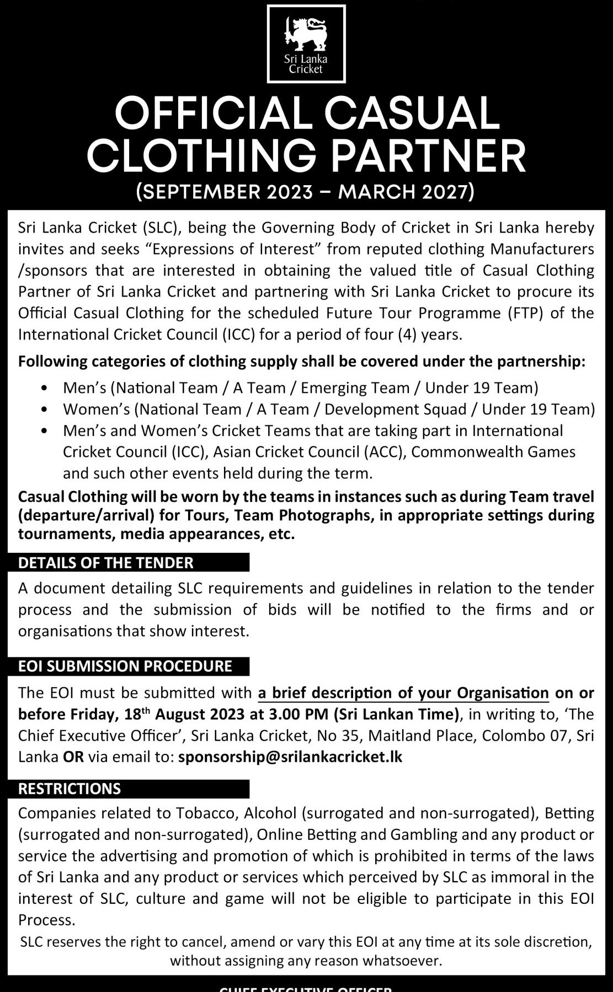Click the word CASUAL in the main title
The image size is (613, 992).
click(412, 114)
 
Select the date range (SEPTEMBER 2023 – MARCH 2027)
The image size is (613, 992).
click(306, 192)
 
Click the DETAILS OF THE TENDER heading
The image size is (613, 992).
click(106, 563)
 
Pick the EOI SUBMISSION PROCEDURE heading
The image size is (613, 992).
click(125, 666)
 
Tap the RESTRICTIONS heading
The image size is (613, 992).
click(70, 789)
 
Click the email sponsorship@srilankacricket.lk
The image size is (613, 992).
click(290, 757)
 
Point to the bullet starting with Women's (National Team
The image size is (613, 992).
click(329, 409)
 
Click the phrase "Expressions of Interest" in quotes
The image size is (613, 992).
click(233, 249)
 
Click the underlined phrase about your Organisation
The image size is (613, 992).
click(403, 693)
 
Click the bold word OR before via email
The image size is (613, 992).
click(73, 757)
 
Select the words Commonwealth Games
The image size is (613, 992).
click(493, 452)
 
